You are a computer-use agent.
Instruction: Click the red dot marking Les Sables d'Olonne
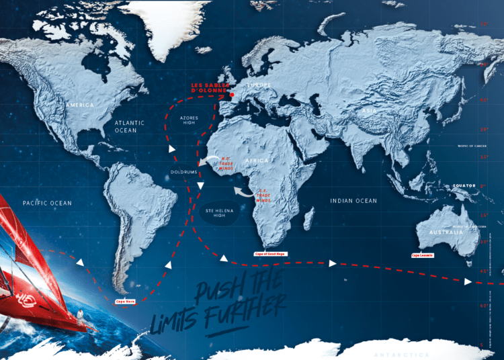point(233,95)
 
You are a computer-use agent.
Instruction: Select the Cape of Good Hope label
point(269,255)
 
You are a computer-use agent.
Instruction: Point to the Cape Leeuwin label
point(423,255)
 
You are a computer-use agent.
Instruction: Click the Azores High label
point(189,121)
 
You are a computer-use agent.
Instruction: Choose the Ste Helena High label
point(217,214)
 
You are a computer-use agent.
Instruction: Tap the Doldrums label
point(183,172)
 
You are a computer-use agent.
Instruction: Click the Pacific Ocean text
point(46,202)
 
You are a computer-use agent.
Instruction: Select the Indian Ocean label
point(353,201)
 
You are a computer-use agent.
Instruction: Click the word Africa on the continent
point(257,161)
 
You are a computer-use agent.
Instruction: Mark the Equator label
point(464,185)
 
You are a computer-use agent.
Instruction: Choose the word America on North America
point(79,105)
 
